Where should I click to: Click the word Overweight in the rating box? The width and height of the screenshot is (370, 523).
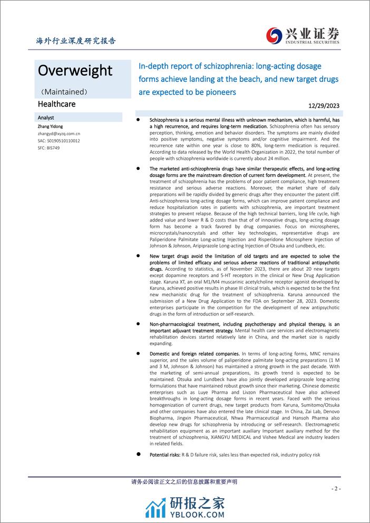coord(75,71)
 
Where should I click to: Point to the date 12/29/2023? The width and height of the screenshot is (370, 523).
coord(324,106)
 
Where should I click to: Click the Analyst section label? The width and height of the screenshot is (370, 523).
coord(46,118)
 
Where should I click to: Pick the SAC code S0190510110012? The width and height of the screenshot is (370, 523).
coord(59,141)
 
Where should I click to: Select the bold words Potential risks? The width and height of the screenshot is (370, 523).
coord(164,454)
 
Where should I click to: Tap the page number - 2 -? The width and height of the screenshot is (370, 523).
coord(337,489)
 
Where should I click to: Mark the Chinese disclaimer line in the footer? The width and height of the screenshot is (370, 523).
coord(183,481)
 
